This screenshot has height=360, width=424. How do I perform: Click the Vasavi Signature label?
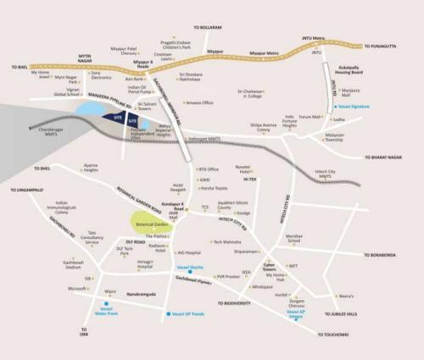coord(354,108)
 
